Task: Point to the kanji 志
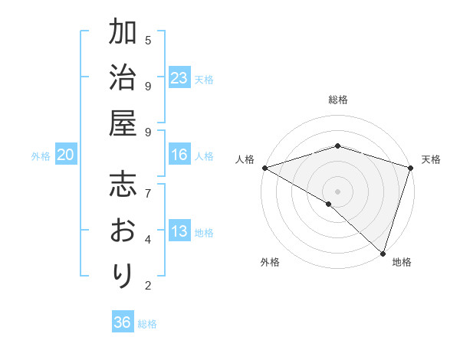(x=123, y=186)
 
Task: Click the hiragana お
(x=123, y=230)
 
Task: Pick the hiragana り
(x=123, y=274)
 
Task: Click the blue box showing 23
(x=179, y=78)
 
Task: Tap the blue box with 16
(x=179, y=155)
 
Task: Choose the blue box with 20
(x=66, y=155)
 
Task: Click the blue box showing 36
(x=123, y=322)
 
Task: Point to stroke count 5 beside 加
(x=148, y=40)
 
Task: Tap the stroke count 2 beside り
(x=148, y=286)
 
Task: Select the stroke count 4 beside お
(x=148, y=239)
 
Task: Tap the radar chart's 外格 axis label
(x=270, y=262)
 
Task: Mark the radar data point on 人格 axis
(x=264, y=168)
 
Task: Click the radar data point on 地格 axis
(x=383, y=253)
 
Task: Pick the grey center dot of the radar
(x=337, y=191)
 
